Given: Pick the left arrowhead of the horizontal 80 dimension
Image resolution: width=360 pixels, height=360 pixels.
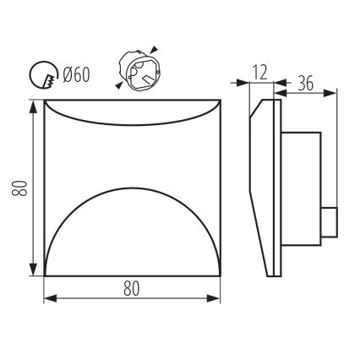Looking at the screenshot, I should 48,299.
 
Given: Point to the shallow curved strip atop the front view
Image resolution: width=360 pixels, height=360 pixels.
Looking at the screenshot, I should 131,109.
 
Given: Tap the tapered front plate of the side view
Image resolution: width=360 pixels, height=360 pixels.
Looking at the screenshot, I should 268,186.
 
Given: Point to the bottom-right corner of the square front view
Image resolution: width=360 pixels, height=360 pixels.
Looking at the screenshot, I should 220,275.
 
